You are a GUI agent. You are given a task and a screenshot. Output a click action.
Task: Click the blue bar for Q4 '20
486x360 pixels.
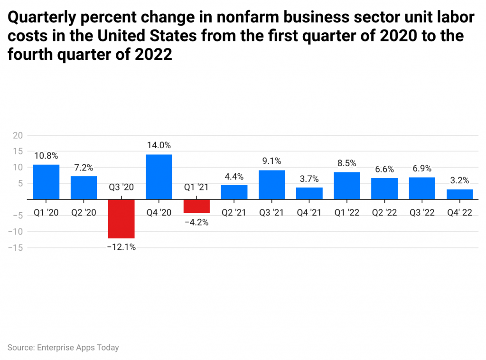pos(159,177)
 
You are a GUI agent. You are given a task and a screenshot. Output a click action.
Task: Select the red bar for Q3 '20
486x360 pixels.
pos(121,218)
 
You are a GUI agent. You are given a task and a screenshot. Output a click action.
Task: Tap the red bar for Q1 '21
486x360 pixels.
pos(196,206)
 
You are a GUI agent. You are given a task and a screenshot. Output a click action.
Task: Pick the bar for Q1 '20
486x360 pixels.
pos(46,182)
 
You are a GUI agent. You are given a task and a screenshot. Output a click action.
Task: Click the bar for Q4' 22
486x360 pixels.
pos(459,194)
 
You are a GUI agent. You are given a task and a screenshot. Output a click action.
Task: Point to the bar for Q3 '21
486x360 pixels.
pos(271,185)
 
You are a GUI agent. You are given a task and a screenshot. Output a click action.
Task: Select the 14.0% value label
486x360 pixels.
pos(159,145)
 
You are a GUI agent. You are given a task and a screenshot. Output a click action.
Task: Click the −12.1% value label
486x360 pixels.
pos(121,247)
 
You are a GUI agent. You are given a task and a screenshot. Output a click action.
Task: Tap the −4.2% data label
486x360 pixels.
pos(196,222)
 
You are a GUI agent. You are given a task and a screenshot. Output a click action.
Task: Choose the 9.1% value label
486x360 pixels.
pos(271,161)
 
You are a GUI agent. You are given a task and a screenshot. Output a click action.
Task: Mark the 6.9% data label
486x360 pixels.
pos(422,168)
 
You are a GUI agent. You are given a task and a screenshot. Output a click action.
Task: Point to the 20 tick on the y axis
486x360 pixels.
pos(18,135)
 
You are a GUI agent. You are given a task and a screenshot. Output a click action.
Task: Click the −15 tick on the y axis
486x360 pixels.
pos(15,247)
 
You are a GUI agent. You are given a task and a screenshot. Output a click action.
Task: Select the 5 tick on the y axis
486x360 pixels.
pos(20,183)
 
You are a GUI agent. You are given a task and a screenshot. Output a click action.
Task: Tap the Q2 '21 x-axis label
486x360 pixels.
pos(234,213)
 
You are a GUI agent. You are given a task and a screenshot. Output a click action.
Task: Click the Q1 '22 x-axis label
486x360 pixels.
pos(347,213)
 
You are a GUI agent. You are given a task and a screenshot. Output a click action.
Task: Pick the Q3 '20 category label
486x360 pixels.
pos(121,187)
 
